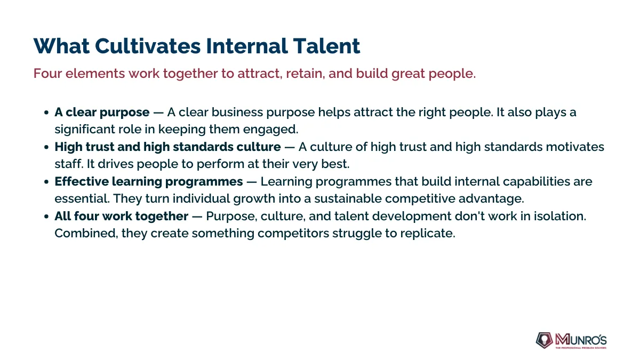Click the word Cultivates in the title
148,46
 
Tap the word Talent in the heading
326,46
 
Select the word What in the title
61,46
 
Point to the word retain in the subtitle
305,74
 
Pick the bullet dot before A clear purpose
46,113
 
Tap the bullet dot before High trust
46,147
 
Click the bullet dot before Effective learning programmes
46,182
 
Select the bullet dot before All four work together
46,217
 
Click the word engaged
270,130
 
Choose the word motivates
575,147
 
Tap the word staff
69,164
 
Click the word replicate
428,234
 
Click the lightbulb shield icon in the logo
545,340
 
